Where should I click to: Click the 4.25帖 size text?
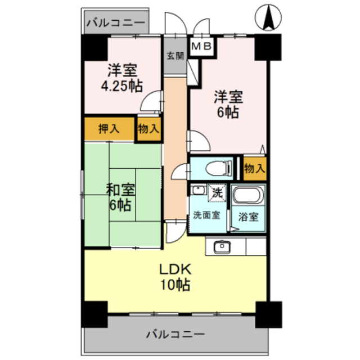coord(121,86)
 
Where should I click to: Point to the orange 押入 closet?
coord(109,128)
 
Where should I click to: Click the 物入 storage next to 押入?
coord(149,129)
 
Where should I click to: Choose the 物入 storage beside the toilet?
coord(255,168)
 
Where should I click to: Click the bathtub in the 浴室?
coord(248,197)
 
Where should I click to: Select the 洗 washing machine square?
coord(217,192)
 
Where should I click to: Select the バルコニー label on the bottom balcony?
coord(175,335)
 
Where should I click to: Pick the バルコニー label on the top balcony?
coord(116,24)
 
